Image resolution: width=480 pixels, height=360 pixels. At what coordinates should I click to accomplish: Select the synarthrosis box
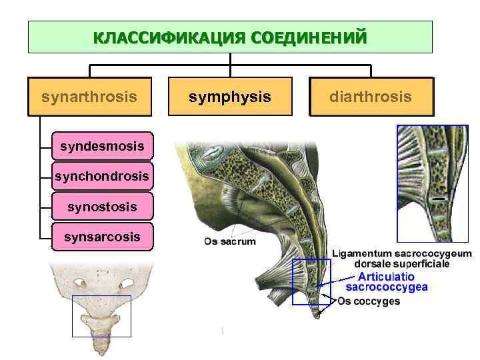point(89,97)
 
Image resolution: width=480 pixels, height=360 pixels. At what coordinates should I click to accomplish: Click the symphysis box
point(230,97)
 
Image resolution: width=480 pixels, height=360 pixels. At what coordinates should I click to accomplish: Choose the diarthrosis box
point(371,97)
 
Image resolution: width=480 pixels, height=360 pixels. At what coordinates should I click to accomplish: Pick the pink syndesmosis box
point(101,145)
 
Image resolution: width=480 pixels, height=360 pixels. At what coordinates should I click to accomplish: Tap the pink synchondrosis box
point(101,176)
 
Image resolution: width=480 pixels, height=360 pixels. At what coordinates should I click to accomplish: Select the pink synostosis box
point(101,207)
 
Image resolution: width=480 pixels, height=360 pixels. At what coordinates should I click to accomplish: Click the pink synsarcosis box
point(101,237)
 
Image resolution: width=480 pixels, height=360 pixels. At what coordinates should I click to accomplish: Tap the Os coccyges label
point(369,301)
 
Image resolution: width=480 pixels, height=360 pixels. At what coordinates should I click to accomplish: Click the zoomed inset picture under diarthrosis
point(432,183)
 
